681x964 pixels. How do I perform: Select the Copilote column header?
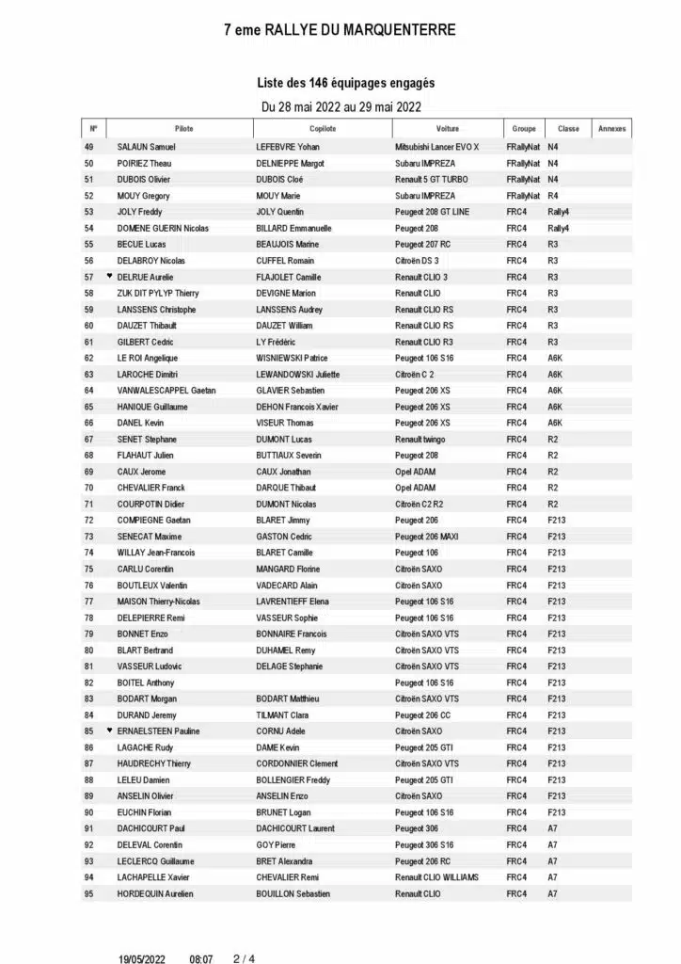(322, 129)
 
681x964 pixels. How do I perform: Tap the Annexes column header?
(611, 129)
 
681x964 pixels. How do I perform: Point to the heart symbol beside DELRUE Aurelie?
(109, 277)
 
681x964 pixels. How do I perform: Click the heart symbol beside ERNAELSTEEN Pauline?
(109, 731)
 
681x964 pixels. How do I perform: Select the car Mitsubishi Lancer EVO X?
(436, 147)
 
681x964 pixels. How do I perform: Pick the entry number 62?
(89, 358)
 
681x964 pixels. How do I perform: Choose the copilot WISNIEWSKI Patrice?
(293, 358)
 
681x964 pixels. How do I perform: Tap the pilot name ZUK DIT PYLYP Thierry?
(158, 293)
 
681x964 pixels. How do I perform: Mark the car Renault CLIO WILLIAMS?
(436, 877)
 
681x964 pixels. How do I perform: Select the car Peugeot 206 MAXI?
(428, 537)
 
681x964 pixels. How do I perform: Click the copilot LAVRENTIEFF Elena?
(294, 602)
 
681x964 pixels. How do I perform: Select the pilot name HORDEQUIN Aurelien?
(155, 893)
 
